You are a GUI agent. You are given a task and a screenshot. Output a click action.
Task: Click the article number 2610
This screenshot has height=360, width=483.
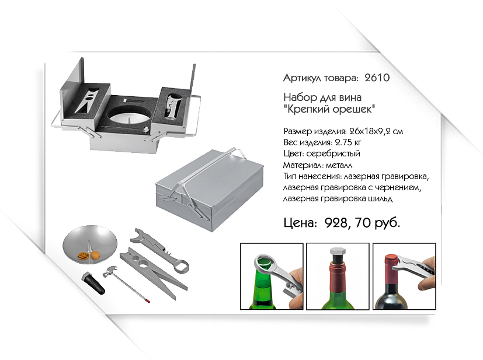click(x=377, y=78)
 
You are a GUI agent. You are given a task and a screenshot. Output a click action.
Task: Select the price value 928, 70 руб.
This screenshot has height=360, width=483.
click(x=362, y=222)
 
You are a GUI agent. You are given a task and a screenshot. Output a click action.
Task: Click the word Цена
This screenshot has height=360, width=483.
click(x=300, y=223)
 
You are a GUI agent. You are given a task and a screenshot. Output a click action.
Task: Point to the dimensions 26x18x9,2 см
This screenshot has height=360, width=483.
click(x=376, y=131)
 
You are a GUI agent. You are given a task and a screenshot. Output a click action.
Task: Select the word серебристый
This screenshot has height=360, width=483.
click(x=333, y=153)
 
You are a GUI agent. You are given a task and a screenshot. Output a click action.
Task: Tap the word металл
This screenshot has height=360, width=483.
click(x=339, y=165)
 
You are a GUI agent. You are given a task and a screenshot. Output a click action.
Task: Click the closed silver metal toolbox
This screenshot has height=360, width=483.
click(x=209, y=189)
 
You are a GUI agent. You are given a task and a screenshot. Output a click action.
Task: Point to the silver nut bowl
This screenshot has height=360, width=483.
click(x=89, y=244)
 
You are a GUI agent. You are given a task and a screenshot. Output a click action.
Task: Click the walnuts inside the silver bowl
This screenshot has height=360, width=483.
click(x=89, y=256)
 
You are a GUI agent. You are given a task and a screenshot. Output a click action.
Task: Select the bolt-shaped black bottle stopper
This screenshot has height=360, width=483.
click(x=93, y=283)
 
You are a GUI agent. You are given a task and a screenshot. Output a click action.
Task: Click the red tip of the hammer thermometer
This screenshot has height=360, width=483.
click(x=148, y=300)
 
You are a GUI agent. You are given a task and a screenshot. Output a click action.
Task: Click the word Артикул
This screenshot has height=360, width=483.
click(x=302, y=78)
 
